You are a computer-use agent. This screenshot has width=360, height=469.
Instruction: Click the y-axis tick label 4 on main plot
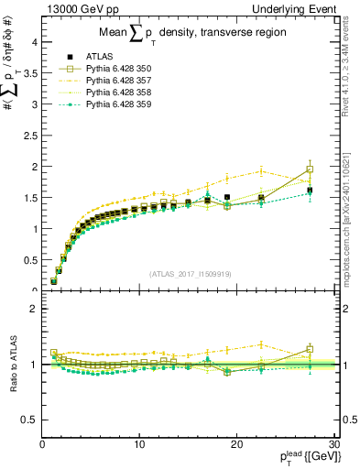pos(33,42)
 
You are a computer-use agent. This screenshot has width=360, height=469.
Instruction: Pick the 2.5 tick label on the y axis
pos(29,136)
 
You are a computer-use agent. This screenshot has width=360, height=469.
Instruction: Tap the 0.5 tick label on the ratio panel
pos(29,420)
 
